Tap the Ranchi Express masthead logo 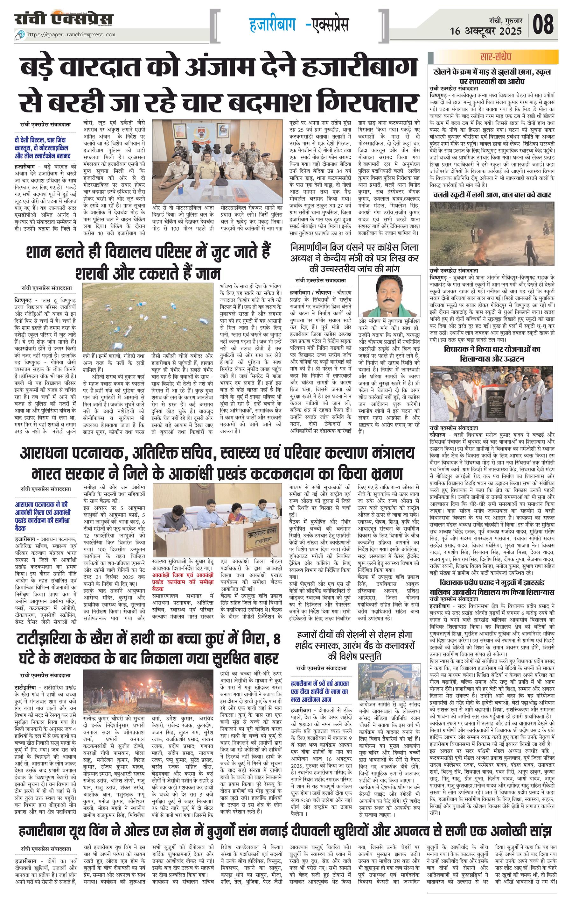pos(64,19)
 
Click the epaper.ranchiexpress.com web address pos(71,35)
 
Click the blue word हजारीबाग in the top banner pos(272,25)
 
